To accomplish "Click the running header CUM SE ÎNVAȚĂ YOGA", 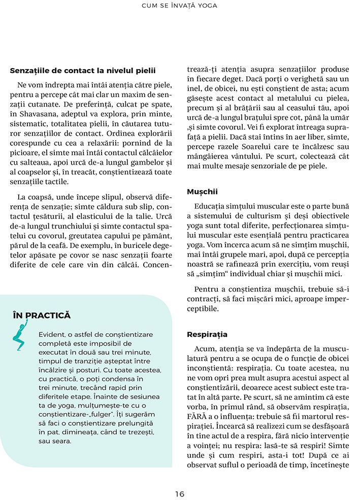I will click(x=180, y=6).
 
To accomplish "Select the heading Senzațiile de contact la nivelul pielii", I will click(x=82, y=71).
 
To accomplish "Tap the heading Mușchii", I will click(x=202, y=192).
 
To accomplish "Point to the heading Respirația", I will click(x=207, y=334).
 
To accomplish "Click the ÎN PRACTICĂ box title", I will click(x=42, y=316).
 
